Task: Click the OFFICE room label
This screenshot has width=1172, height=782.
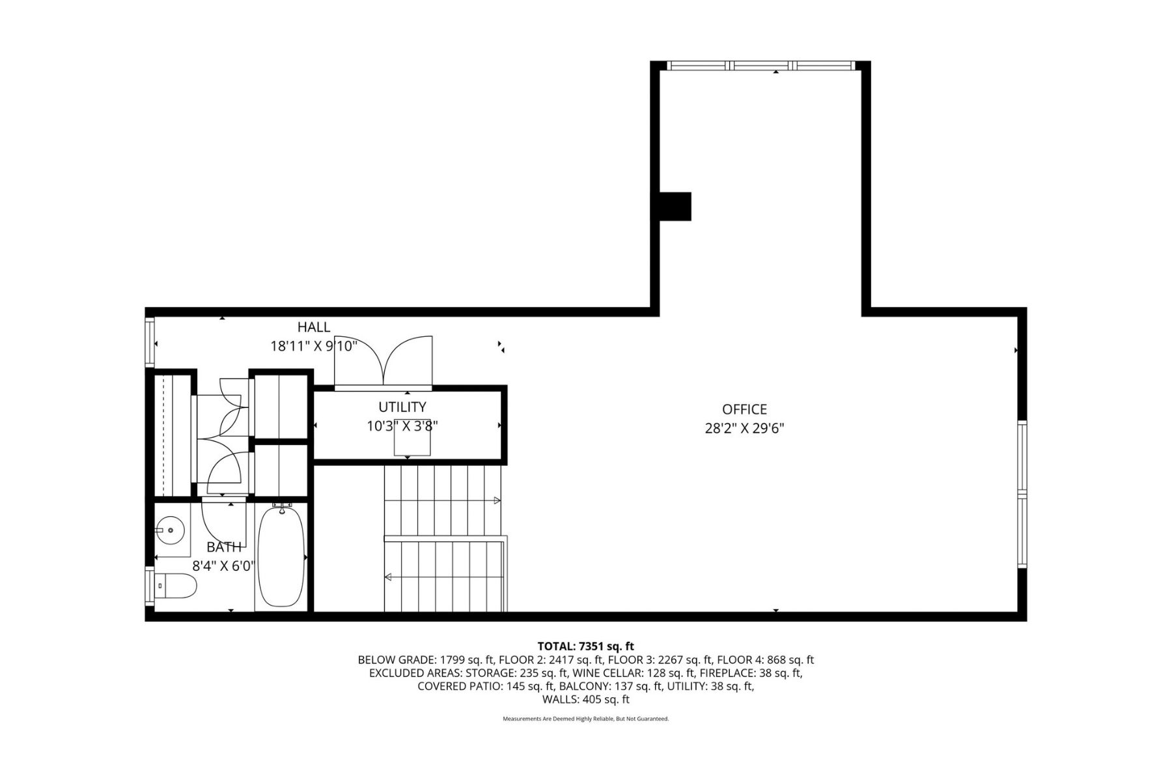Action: (744, 409)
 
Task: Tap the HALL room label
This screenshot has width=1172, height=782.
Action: (314, 327)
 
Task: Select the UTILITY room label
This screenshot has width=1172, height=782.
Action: (402, 407)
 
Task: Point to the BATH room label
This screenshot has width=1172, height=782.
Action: (224, 547)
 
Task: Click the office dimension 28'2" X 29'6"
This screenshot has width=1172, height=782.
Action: (744, 429)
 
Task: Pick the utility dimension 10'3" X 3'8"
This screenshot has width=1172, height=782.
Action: (402, 426)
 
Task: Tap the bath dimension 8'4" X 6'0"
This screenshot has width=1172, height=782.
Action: (224, 566)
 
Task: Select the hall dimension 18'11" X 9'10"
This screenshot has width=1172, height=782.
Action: (314, 346)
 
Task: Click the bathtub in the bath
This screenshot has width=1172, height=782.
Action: (281, 556)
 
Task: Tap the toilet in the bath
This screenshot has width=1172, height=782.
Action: (176, 586)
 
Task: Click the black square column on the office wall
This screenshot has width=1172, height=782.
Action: (675, 206)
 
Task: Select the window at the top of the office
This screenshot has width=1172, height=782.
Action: (761, 65)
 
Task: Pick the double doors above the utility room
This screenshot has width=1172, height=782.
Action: (384, 362)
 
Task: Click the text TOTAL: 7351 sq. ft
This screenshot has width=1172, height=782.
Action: (585, 646)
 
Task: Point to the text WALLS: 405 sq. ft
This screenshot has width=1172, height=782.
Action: (586, 699)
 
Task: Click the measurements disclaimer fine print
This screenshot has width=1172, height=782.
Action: (586, 719)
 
